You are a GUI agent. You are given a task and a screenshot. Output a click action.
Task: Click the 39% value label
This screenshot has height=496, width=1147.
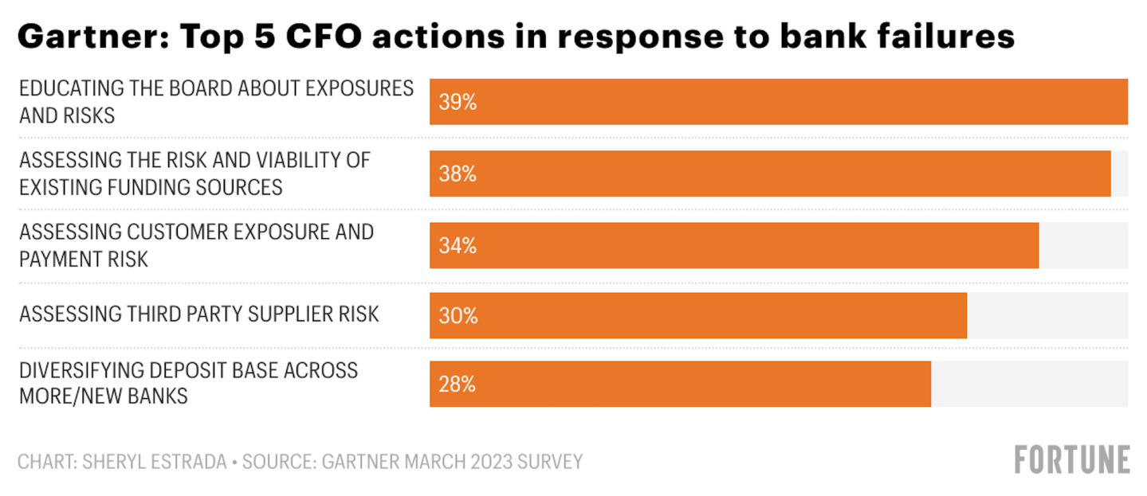point(458,102)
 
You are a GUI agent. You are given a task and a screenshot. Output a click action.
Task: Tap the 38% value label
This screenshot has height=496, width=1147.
point(458,174)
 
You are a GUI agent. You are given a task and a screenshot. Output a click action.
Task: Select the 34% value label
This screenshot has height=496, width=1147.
point(458,245)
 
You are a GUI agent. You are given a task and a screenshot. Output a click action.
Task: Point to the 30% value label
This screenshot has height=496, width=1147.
point(458,315)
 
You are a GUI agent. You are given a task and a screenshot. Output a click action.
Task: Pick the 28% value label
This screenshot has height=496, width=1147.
point(458,384)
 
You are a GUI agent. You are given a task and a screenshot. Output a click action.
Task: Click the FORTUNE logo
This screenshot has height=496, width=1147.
point(1072,459)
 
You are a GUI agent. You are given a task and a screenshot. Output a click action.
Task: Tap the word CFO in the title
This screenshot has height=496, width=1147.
point(324,37)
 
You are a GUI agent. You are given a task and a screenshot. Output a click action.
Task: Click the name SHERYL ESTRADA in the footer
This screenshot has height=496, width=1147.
point(154,462)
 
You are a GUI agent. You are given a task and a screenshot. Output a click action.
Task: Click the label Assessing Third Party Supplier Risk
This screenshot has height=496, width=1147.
point(198,314)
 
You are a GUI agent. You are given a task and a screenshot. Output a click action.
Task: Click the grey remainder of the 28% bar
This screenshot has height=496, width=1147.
point(1029,384)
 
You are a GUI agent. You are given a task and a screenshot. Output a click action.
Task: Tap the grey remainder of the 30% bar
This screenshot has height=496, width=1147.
point(1047,315)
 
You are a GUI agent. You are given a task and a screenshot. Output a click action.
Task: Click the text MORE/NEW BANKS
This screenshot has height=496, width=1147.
point(104,396)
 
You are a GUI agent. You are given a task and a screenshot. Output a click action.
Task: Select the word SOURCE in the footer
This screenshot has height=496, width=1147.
point(278,462)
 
